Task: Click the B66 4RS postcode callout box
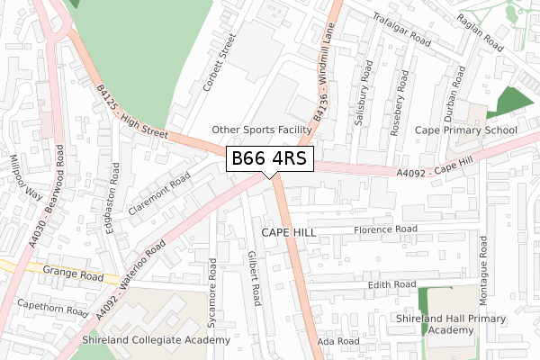pyautogui.click(x=269, y=158)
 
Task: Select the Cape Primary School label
pyautogui.click(x=465, y=130)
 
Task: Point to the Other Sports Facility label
pyautogui.click(x=261, y=130)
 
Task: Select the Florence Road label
pyautogui.click(x=385, y=229)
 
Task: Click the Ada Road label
pyautogui.click(x=337, y=342)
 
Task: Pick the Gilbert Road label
pyautogui.click(x=254, y=277)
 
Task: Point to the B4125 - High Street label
pyautogui.click(x=132, y=112)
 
